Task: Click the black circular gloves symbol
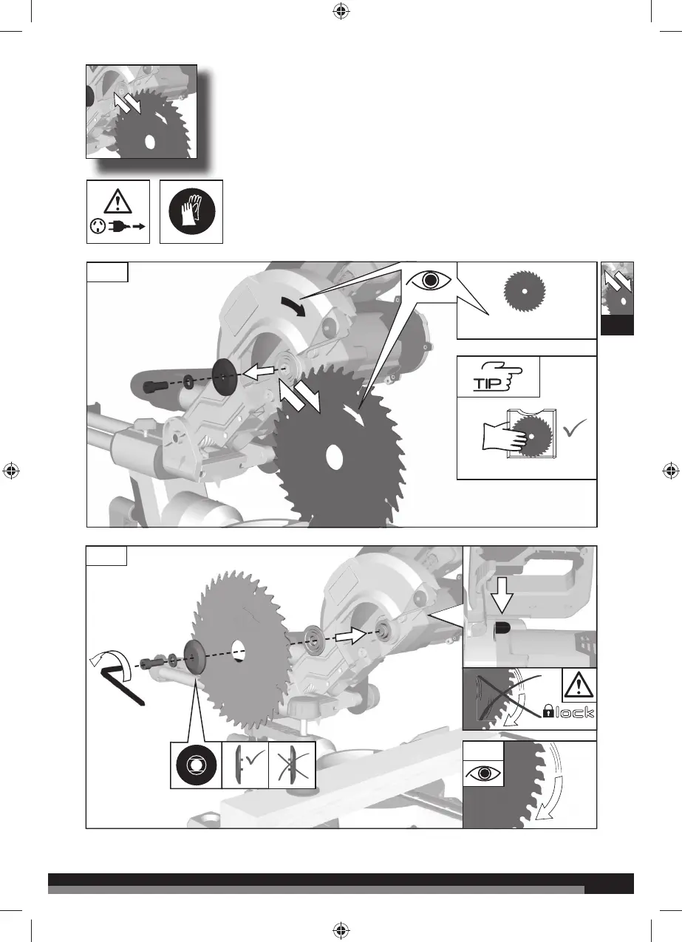(191, 211)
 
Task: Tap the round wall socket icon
(96, 228)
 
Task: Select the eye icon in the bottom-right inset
(484, 774)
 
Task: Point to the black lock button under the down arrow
(502, 629)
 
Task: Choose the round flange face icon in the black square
(194, 765)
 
